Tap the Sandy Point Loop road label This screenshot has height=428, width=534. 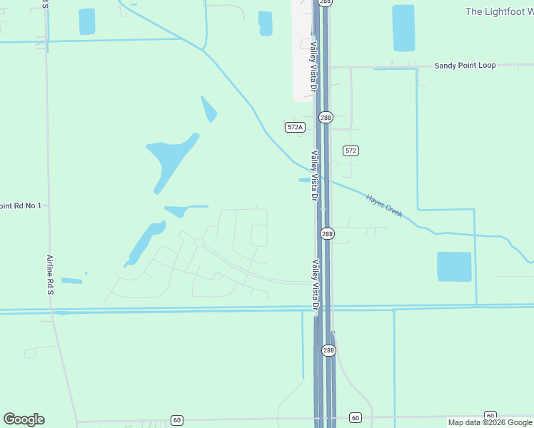pos(465,66)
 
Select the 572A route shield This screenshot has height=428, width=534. pos(295,127)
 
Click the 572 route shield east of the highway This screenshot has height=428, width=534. pos(351,151)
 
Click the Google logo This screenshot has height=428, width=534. pos(24,419)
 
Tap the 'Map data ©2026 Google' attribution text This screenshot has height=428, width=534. pos(490,423)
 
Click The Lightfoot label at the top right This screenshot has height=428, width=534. pos(499,12)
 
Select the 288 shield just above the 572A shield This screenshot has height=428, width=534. pos(326,117)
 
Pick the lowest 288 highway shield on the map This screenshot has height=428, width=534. pos(328,350)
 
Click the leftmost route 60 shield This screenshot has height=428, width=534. pos(177,419)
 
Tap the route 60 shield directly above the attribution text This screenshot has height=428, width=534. pos(490,415)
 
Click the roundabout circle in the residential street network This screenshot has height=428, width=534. pos(199,243)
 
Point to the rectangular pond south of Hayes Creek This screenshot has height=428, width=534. pos(454,267)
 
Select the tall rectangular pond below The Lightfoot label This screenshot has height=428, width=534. pos(403,29)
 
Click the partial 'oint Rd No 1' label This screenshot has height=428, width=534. pos(21,205)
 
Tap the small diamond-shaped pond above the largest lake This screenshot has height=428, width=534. pos(208,109)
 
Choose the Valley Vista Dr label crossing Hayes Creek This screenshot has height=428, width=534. pos(313,175)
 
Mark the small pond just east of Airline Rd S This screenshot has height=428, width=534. pos(71,280)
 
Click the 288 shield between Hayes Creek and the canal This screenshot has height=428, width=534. pos(327,234)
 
